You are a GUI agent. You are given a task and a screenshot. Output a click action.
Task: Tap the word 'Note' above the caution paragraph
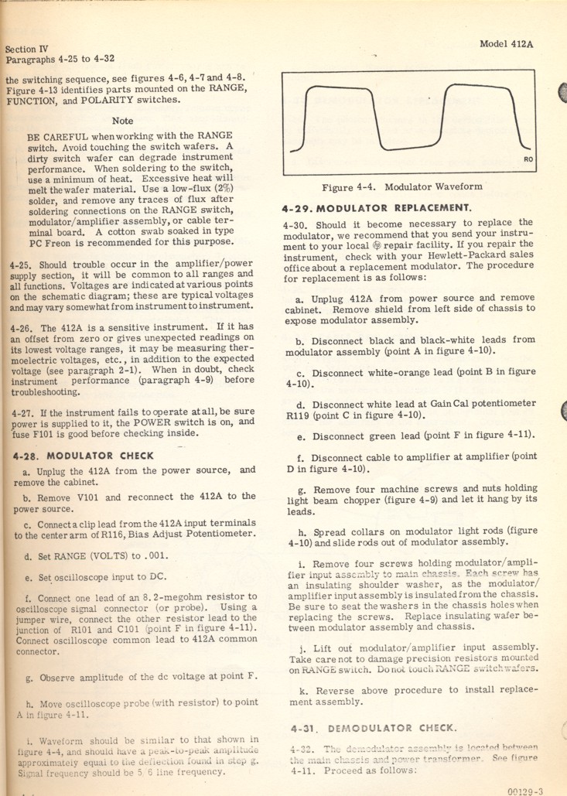[122, 121]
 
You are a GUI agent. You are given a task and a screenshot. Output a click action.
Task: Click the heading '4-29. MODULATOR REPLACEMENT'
[377, 208]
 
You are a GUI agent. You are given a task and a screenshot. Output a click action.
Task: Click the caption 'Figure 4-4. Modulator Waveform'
[401, 186]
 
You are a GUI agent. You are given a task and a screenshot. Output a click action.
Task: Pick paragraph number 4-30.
[296, 224]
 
